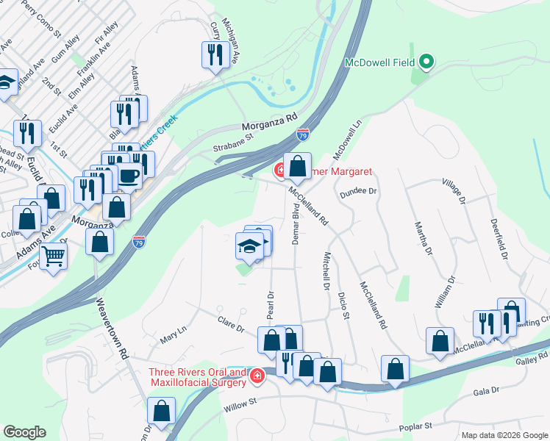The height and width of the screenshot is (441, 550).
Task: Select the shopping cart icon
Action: point(54,257)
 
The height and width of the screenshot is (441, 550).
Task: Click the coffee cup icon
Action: point(129,176)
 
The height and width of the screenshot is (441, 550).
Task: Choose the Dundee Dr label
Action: point(357,191)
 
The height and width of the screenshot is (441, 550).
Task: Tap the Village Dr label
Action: point(454,190)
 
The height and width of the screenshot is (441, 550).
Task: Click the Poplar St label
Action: point(413,426)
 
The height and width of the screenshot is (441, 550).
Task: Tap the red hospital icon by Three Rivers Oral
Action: point(257,376)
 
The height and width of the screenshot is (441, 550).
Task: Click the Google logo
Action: point(26,432)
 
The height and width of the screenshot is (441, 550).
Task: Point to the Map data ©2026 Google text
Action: point(504,435)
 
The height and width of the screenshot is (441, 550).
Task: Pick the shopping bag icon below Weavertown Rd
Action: point(162,410)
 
